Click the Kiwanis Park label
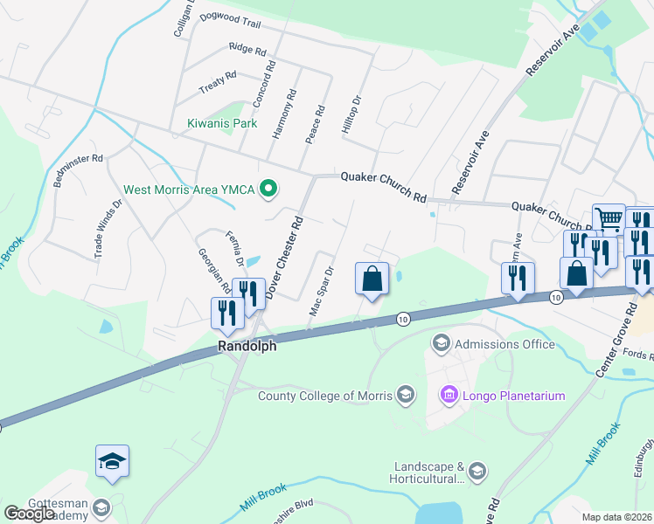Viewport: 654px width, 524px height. tap(222, 123)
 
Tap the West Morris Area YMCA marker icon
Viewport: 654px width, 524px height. tap(269, 189)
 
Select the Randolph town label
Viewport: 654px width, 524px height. tap(247, 346)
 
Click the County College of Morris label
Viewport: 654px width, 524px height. tap(325, 396)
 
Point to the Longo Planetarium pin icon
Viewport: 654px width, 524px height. tap(449, 396)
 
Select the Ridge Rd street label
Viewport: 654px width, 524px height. tap(247, 49)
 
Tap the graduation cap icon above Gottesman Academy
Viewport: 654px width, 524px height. tap(112, 461)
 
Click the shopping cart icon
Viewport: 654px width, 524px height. tap(609, 219)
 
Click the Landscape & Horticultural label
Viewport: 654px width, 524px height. tap(428, 472)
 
